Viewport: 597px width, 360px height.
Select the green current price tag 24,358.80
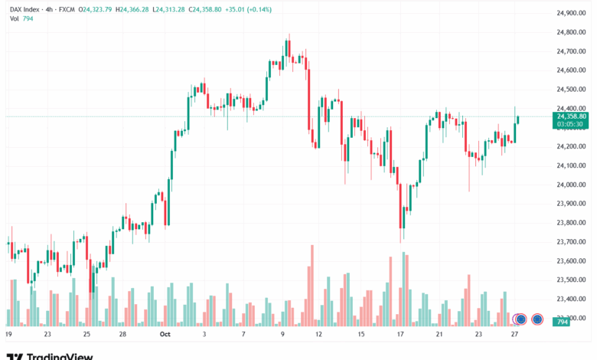[572, 116]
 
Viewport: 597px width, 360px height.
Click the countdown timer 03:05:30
[571, 124]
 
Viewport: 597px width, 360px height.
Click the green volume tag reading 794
[563, 322]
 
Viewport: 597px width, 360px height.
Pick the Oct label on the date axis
[163, 334]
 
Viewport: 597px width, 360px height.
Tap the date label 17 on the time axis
[400, 334]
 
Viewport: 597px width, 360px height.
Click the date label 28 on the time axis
[122, 334]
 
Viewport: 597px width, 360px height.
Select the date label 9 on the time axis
[283, 334]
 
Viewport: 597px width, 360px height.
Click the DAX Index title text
[24, 9]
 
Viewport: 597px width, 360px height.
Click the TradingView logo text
[60, 355]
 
